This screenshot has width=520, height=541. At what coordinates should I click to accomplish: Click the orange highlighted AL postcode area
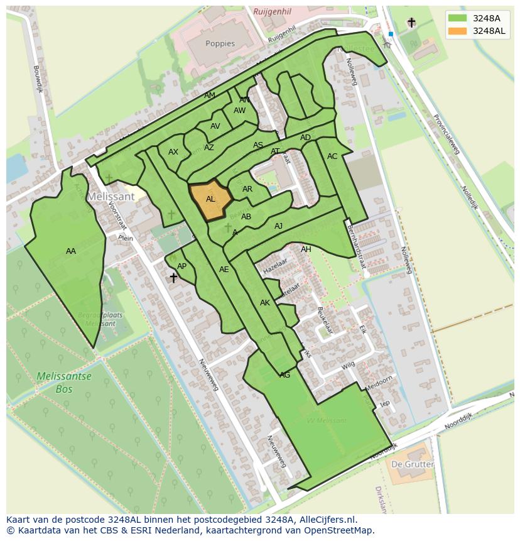[x=210, y=200]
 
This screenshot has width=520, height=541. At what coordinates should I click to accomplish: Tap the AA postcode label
[x=71, y=251]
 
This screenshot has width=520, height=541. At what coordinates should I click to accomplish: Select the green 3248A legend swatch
[x=458, y=18]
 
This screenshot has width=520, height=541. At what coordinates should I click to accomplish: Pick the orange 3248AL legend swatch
[x=458, y=31]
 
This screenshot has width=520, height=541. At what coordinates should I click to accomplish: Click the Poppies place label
[x=220, y=44]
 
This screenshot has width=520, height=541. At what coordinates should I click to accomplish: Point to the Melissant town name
[x=111, y=196]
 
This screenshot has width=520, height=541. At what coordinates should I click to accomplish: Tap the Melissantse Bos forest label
[x=63, y=383]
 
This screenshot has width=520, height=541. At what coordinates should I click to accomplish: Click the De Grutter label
[x=412, y=464]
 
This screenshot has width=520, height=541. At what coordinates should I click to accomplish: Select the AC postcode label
[x=332, y=156]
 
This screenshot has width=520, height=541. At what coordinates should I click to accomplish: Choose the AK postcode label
[x=264, y=303]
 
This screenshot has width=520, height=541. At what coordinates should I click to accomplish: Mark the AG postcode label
[x=284, y=375]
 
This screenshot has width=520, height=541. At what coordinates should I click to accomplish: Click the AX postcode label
[x=173, y=152]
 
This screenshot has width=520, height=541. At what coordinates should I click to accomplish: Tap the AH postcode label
[x=306, y=249]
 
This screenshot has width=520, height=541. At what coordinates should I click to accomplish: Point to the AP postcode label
[x=181, y=266]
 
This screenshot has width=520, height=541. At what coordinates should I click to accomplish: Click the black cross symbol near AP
[x=173, y=278]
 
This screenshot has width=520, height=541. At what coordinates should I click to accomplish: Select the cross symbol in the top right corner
[x=411, y=23]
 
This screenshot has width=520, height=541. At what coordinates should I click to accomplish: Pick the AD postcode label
[x=305, y=138]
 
